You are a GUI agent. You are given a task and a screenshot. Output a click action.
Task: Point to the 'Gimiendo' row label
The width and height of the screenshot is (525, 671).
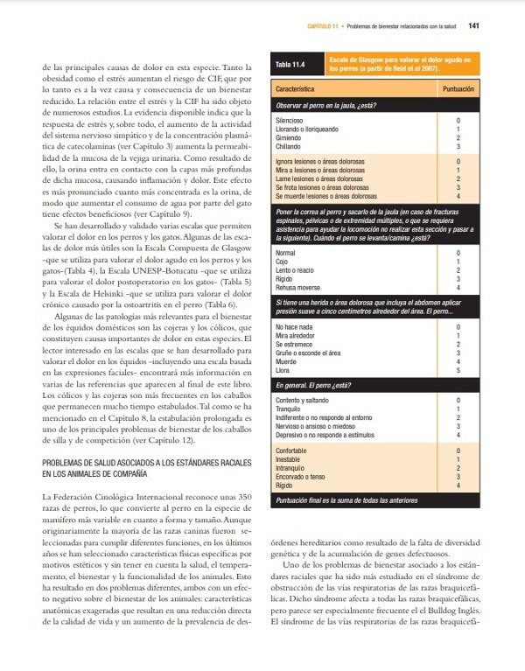290,137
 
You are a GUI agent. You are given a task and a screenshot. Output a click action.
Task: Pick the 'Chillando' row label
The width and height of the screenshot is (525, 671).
290,145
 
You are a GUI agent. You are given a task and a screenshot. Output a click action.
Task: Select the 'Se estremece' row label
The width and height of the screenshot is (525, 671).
295,343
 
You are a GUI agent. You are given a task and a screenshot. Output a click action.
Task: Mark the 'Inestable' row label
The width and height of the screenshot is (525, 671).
290,458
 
